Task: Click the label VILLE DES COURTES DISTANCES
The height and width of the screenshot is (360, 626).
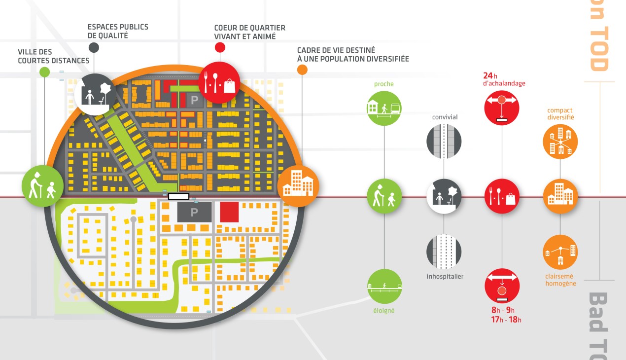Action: [53, 56]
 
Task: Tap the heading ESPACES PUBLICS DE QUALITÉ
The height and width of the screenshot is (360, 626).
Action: [118, 31]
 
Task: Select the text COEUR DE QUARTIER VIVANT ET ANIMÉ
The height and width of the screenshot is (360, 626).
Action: [249, 32]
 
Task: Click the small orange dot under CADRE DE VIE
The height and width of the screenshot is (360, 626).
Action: [302, 70]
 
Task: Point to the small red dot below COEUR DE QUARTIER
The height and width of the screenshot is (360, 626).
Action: [220, 47]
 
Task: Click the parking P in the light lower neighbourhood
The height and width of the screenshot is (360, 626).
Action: [194, 212]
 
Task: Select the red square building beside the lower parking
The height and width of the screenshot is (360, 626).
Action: [229, 212]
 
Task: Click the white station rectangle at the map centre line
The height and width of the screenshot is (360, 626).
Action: [178, 196]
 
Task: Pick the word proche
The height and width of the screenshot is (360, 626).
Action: [384, 84]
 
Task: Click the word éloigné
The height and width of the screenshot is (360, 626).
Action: [384, 311]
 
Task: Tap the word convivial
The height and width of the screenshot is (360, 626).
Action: [445, 117]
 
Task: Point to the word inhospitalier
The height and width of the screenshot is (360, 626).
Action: [445, 277]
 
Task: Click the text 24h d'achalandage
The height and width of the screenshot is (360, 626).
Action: [504, 79]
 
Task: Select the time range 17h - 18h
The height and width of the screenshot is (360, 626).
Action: [506, 320]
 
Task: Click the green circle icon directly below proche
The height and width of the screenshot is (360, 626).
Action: [384, 108]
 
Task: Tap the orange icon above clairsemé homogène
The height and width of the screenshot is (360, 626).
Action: [560, 252]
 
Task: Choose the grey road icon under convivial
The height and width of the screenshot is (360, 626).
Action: [444, 141]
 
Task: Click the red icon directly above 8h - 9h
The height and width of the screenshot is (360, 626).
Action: [502, 286]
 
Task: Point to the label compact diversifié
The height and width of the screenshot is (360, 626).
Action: [560, 114]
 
